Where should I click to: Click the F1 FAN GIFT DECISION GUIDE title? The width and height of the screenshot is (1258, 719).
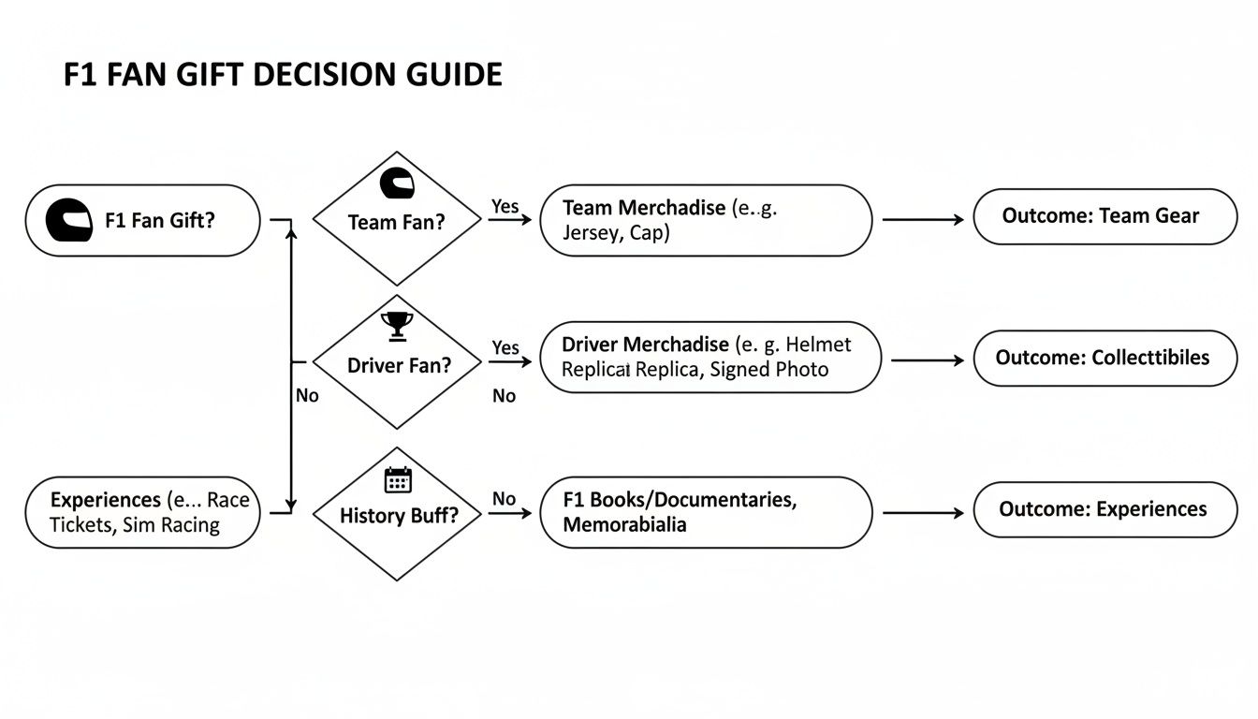click(x=283, y=74)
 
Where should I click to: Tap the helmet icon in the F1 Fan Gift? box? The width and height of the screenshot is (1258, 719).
click(x=69, y=220)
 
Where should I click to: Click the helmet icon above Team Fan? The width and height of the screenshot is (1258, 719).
click(x=397, y=183)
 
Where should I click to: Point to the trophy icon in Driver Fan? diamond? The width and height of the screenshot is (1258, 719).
click(x=397, y=326)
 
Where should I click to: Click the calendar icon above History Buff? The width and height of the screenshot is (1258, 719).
click(x=398, y=480)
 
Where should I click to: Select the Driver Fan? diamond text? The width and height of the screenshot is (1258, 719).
click(x=399, y=365)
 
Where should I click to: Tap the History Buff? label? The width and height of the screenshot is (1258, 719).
click(x=399, y=515)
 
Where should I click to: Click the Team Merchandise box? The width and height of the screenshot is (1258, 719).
click(x=706, y=220)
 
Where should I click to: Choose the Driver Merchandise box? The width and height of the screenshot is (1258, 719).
click(x=709, y=357)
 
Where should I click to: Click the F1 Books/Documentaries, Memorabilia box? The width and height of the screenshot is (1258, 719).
click(x=706, y=512)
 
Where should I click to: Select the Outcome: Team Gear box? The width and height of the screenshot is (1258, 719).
click(x=1104, y=216)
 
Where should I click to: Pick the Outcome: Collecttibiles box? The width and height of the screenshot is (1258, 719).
click(x=1104, y=358)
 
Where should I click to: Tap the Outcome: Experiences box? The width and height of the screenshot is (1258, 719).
click(x=1104, y=509)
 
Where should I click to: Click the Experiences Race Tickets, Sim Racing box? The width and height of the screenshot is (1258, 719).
click(x=142, y=512)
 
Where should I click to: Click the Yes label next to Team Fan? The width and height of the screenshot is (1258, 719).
click(x=505, y=207)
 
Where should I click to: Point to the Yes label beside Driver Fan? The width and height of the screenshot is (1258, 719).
click(x=505, y=348)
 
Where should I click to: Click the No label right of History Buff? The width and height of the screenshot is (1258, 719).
click(x=504, y=499)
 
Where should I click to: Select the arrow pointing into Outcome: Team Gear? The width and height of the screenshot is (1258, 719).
click(x=922, y=220)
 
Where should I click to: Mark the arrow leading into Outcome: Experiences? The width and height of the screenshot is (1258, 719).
click(x=922, y=512)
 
